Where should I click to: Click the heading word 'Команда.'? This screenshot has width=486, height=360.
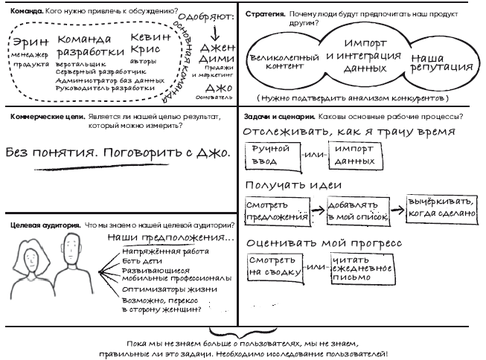[22, 12]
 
